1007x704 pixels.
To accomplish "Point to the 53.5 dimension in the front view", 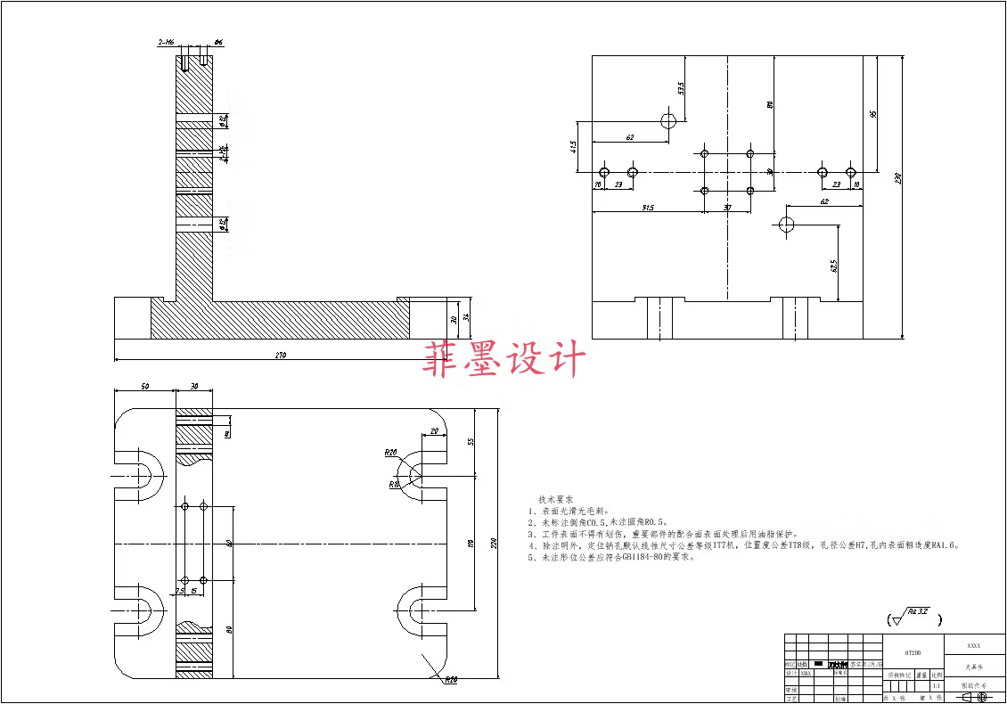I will (x=681, y=88).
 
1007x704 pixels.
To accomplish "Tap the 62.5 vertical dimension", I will (x=834, y=265).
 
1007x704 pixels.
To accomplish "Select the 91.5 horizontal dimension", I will (x=647, y=208).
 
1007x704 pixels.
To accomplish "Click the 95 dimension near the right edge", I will (x=873, y=113).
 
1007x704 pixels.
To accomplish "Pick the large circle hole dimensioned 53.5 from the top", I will (x=669, y=120).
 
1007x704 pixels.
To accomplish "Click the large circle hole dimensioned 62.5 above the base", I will (x=787, y=224).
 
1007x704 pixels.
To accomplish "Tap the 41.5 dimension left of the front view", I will (x=573, y=144).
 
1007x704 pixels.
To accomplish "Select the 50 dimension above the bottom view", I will (x=145, y=387).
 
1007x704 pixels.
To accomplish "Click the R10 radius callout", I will (x=393, y=485).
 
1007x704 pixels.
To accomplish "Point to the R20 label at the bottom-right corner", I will (x=450, y=679).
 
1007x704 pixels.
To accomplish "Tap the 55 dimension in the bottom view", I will (x=471, y=440).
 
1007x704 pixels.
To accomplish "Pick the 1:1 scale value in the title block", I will (x=936, y=686).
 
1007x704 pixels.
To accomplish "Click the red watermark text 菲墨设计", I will (x=504, y=358).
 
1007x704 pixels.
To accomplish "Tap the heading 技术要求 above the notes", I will (x=556, y=500).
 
